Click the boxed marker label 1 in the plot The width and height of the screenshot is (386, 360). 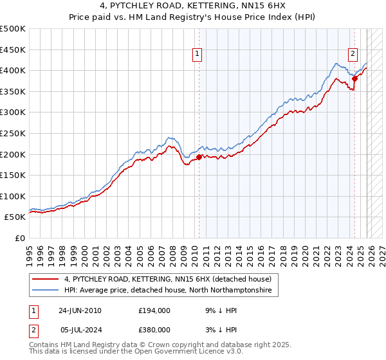197,55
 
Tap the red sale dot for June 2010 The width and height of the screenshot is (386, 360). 199,156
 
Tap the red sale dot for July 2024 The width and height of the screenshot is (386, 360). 354,78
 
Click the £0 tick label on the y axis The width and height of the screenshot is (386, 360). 20,238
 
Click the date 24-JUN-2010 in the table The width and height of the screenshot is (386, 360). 80,310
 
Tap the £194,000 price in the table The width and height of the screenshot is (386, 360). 155,310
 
